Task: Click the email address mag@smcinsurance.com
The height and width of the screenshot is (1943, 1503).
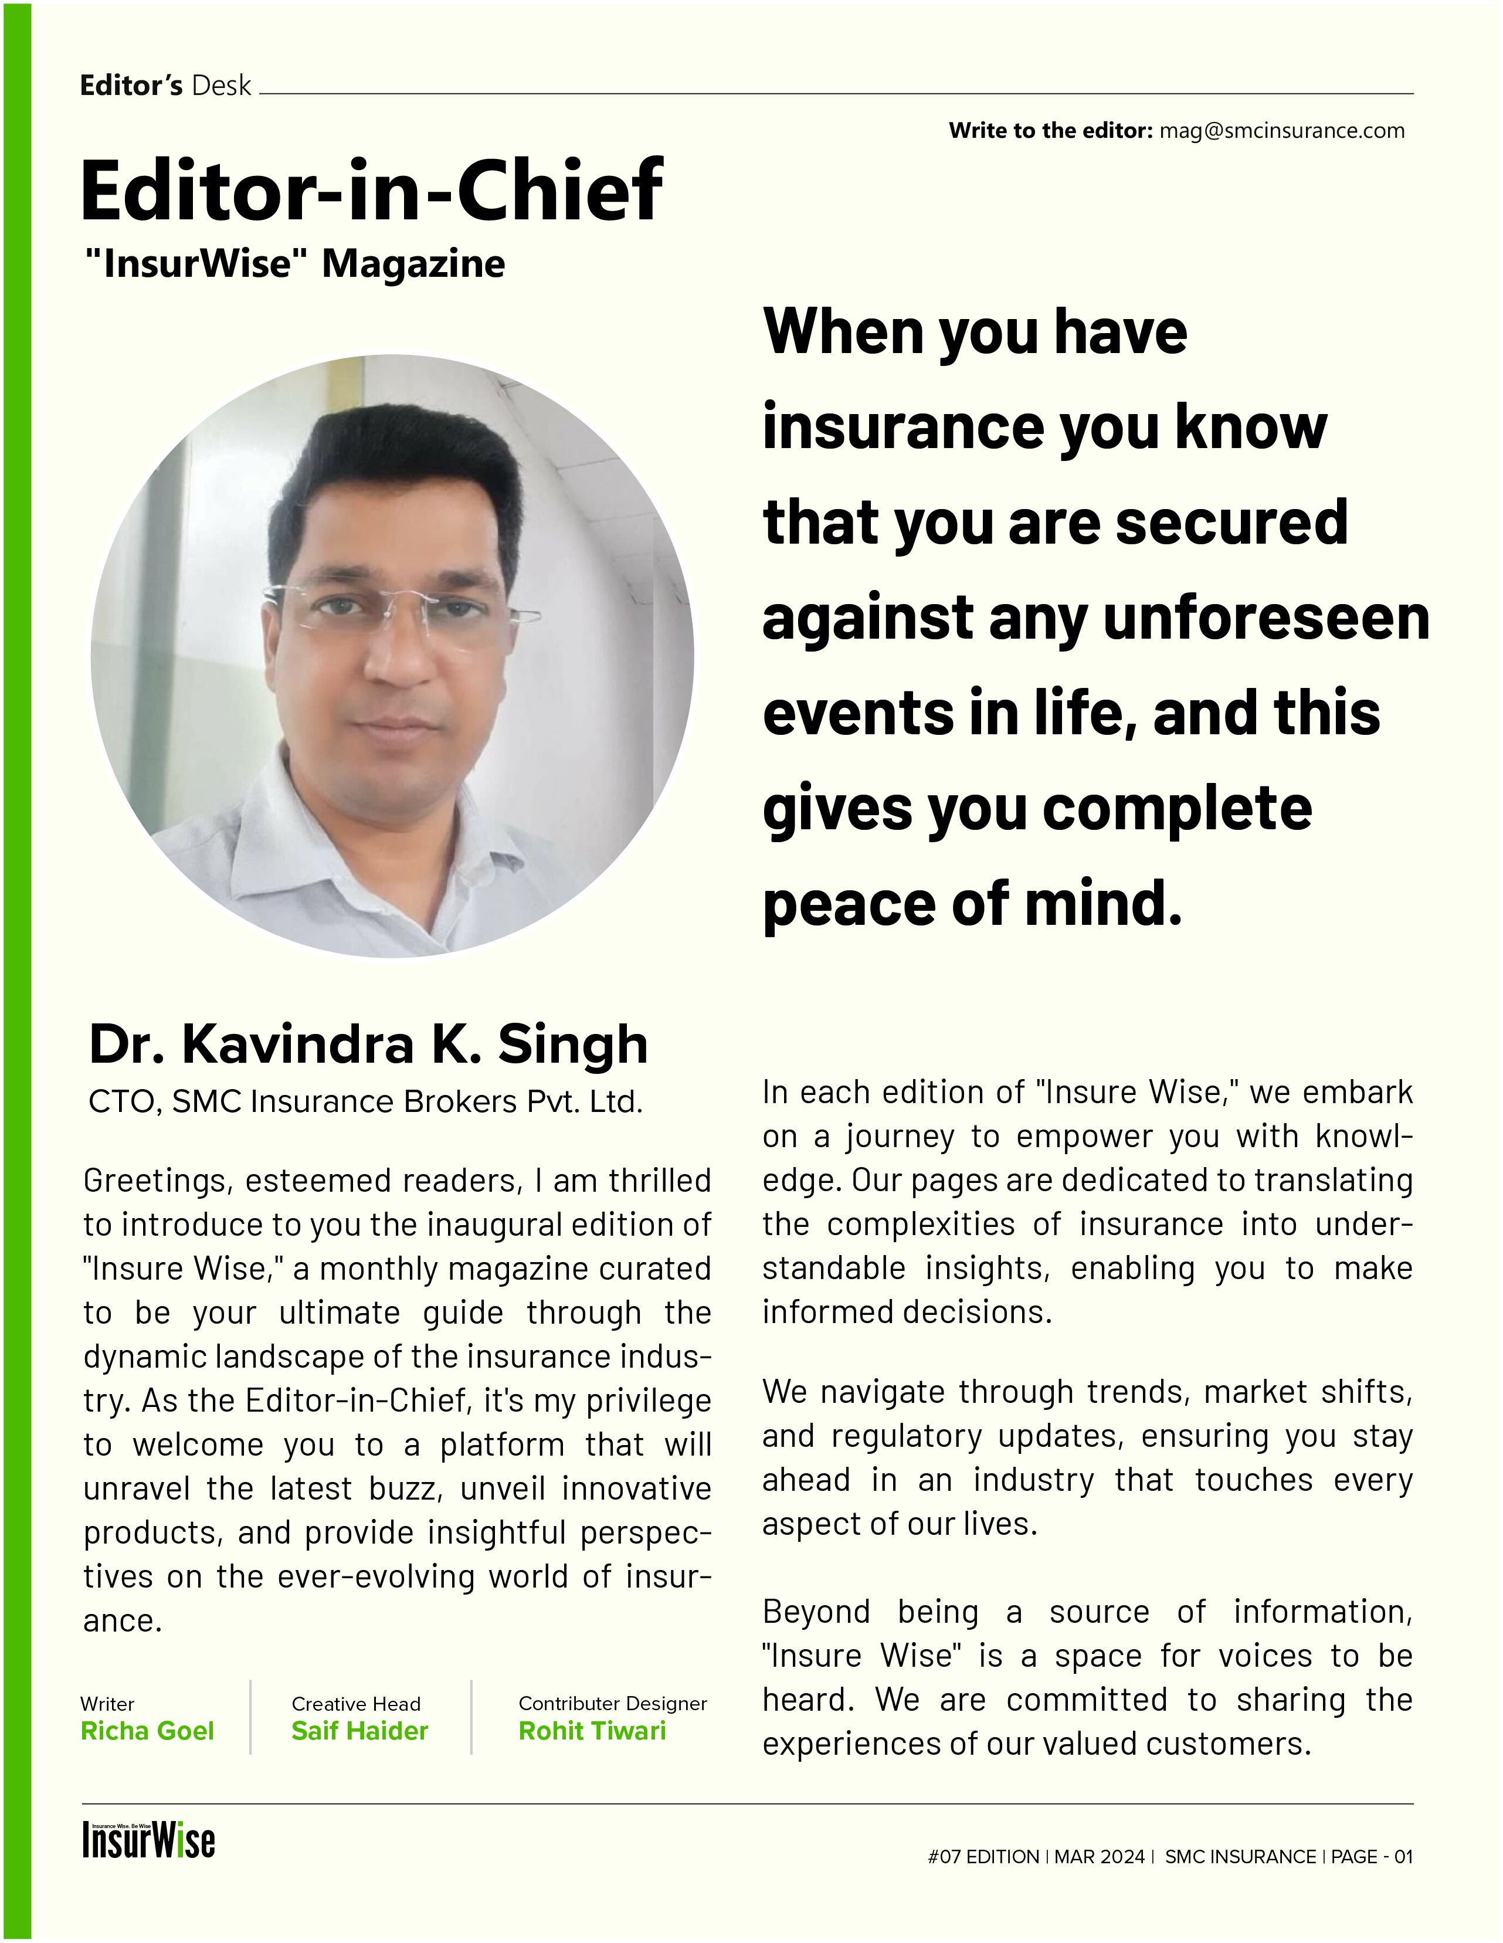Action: [x=1281, y=131]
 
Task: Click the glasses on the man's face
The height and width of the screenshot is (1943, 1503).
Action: [x=391, y=608]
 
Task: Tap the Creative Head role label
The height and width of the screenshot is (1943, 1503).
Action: [x=356, y=1704]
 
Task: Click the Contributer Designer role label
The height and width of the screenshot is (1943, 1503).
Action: [x=612, y=1704]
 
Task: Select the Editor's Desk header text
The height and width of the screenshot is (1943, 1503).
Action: [x=165, y=86]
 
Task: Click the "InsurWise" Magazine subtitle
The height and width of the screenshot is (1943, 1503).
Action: [x=294, y=265]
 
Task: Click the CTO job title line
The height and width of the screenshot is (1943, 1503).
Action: [x=365, y=1101]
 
